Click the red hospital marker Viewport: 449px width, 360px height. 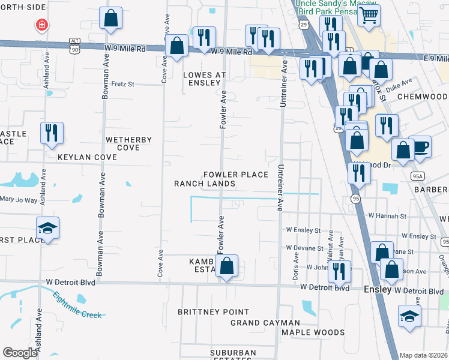coord(41,25)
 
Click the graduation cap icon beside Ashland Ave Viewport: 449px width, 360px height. coord(47,228)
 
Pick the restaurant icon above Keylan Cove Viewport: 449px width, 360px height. coord(52,133)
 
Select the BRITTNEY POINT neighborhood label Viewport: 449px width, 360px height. coord(213,312)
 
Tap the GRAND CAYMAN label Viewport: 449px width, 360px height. coord(265,323)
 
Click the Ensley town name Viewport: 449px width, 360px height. coord(378,289)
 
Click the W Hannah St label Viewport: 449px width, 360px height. coord(387,215)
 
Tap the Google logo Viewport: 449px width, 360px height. coord(20,353)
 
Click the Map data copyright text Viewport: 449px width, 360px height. coord(423,355)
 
